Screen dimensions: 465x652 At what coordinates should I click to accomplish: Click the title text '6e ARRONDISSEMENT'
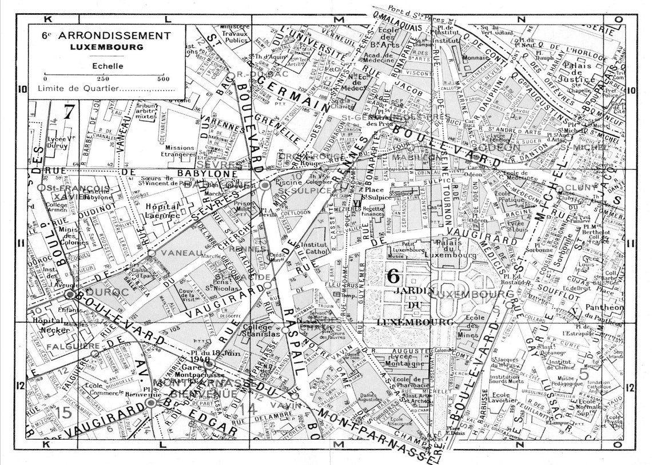tap(106, 35)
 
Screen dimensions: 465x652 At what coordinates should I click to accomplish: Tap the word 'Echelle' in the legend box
tap(106, 66)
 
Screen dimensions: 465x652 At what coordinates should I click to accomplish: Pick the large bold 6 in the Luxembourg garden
tap(393, 275)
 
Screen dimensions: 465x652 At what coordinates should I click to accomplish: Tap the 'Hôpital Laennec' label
tap(163, 211)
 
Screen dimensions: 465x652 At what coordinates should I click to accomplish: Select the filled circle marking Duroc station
tap(70, 294)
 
